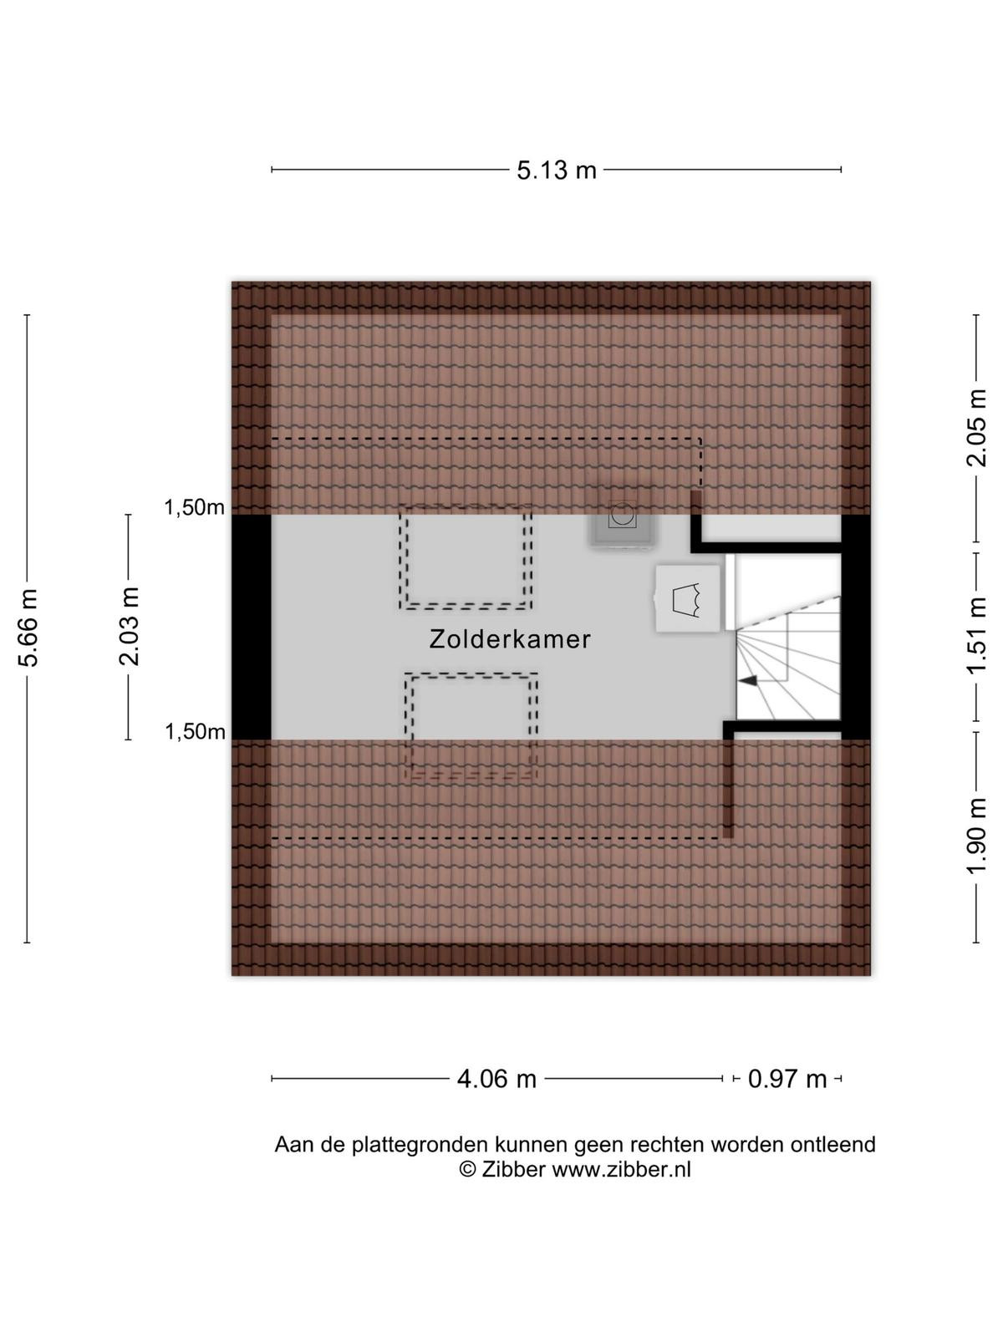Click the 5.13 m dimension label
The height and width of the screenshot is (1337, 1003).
[x=557, y=170]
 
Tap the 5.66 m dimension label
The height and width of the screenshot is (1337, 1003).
[x=28, y=628]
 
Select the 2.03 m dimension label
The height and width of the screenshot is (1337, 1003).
[x=129, y=627]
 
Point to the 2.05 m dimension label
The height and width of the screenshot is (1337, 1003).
[x=977, y=428]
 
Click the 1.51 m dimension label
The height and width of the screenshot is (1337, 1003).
[x=977, y=636]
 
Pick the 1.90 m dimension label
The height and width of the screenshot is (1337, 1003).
[x=977, y=836]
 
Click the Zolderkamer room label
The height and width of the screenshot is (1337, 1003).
[x=510, y=639]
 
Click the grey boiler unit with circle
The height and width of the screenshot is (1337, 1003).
[x=622, y=517]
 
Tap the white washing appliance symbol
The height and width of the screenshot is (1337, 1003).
[x=688, y=599]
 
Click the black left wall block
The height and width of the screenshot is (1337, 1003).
[x=252, y=627]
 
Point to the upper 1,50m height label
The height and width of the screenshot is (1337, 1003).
[x=194, y=507]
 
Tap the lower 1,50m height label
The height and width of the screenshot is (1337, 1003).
[x=195, y=731]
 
